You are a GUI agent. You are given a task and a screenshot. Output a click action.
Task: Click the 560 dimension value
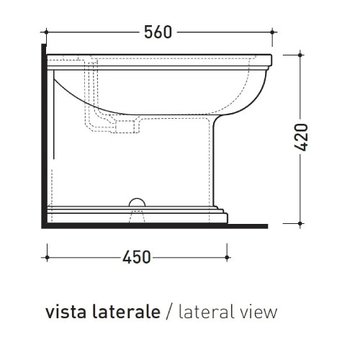(158, 32)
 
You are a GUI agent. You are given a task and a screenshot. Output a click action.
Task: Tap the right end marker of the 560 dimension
(273, 32)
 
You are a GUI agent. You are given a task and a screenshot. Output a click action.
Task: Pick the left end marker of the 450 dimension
(46, 256)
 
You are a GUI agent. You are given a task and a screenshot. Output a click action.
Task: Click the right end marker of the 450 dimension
(228, 256)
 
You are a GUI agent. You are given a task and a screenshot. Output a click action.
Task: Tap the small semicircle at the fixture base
(135, 202)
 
